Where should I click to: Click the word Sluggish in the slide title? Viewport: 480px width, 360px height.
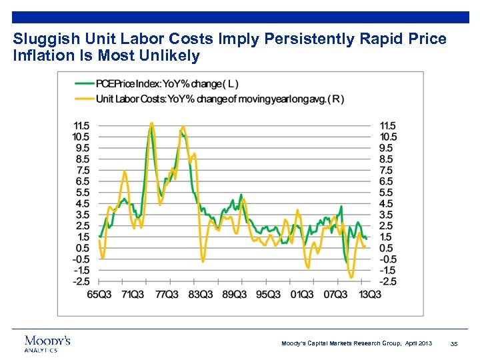pos(40,39)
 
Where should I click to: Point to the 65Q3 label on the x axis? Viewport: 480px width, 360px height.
pos(99,294)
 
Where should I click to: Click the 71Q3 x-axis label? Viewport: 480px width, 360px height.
pos(133,294)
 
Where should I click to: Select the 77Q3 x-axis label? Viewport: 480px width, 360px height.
pos(166,294)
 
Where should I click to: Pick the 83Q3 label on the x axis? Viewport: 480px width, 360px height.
pos(200,294)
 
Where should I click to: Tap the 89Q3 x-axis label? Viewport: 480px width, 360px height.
pos(234,294)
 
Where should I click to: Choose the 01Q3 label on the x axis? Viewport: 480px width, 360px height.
pos(301,294)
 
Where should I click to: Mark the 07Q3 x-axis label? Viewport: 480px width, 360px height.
pos(335,294)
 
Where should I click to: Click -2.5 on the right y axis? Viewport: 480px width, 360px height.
pos(387,281)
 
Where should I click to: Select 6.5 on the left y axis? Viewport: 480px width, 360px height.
pos(83,181)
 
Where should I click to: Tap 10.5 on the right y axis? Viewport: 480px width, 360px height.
pos(388,137)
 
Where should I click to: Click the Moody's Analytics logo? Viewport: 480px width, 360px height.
pos(47,343)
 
